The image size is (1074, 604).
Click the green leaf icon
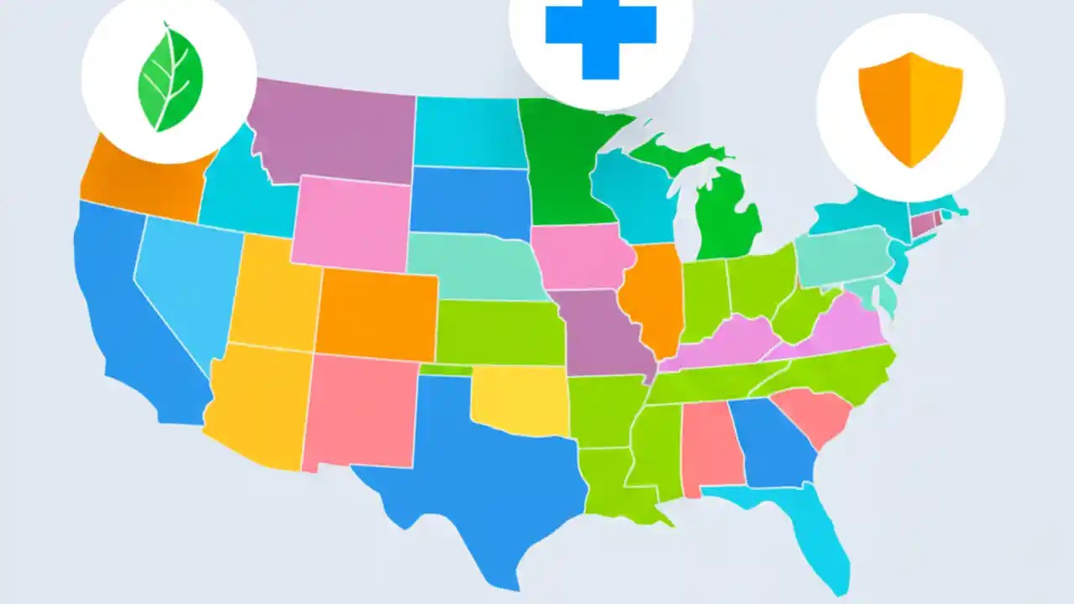click(x=170, y=77)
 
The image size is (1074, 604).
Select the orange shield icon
click(x=910, y=107)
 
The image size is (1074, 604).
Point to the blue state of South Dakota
click(x=470, y=201)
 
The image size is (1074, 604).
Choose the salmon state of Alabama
click(x=709, y=445)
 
